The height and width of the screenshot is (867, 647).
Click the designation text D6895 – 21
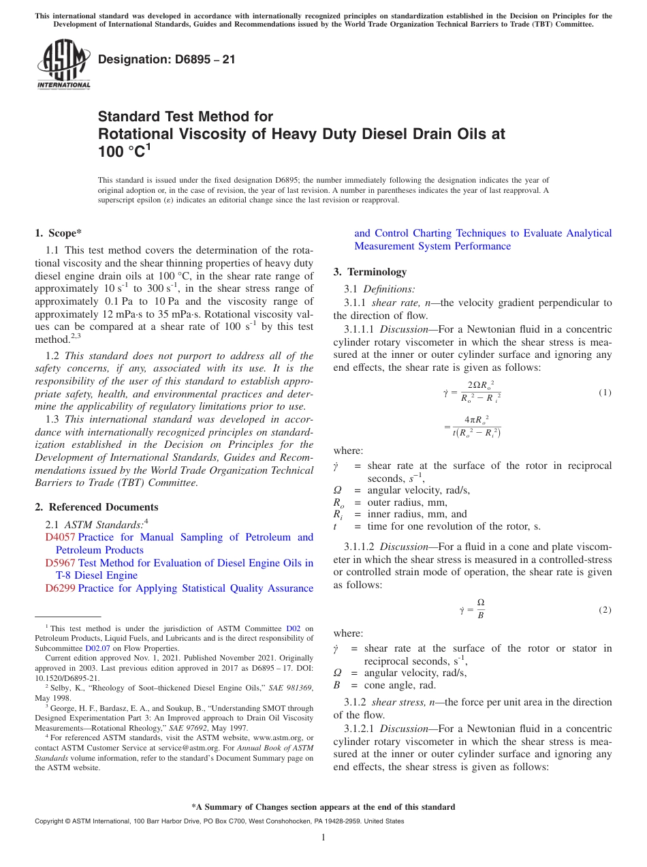point(167,59)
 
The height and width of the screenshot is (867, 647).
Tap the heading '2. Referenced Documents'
point(97,507)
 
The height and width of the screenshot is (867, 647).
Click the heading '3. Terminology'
point(370,272)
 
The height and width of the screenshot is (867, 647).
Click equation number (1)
point(605,393)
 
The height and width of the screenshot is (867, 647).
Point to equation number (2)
point(605,609)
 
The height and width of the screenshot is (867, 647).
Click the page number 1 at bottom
point(323,838)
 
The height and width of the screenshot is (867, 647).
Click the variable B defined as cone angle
point(336,686)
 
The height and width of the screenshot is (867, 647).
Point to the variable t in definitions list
point(336,527)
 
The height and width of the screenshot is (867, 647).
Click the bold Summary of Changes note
point(323,807)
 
